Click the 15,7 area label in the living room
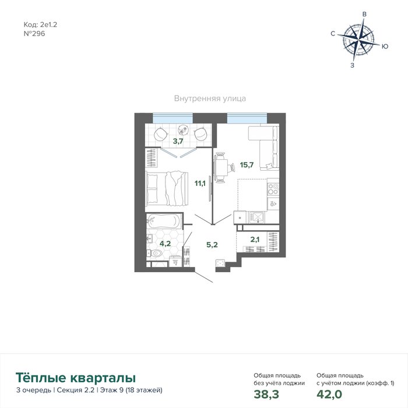click(x=247, y=165)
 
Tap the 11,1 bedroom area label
click(x=200, y=184)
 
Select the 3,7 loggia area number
click(x=178, y=141)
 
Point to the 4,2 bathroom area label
click(x=165, y=244)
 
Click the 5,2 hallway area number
click(x=212, y=245)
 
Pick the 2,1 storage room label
click(x=255, y=240)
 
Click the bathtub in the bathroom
click(x=163, y=221)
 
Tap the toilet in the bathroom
click(x=155, y=253)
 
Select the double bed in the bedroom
click(x=167, y=189)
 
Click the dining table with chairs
click(x=221, y=167)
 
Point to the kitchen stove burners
click(x=273, y=189)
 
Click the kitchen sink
click(x=257, y=217)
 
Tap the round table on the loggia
click(x=184, y=129)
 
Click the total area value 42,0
click(x=329, y=394)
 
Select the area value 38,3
click(x=266, y=394)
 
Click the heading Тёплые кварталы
click(x=76, y=378)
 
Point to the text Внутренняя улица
click(x=210, y=99)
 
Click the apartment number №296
click(x=34, y=34)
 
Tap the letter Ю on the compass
click(x=385, y=46)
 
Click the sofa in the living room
click(x=268, y=147)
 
